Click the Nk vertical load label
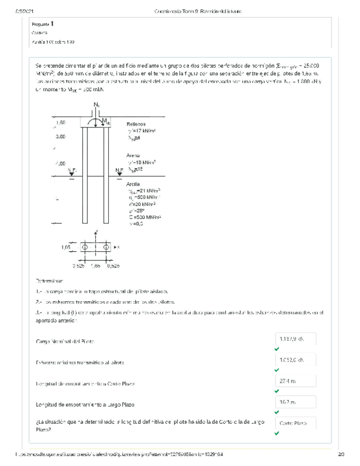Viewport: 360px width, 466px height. [97, 104]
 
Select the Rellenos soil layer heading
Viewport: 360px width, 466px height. [136, 124]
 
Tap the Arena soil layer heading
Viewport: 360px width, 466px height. [133, 156]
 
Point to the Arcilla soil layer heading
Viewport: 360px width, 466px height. [134, 184]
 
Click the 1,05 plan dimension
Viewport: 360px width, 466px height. [65, 247]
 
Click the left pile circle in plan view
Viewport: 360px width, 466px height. [85, 247]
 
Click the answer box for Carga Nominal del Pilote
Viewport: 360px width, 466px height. [296, 339]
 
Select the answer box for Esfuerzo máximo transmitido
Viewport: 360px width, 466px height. [296, 360]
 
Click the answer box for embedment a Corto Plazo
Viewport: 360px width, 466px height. [296, 381]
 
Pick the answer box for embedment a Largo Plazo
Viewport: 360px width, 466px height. [296, 402]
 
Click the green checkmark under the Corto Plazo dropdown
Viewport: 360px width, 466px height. [276, 433]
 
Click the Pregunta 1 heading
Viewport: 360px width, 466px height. [43, 24]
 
